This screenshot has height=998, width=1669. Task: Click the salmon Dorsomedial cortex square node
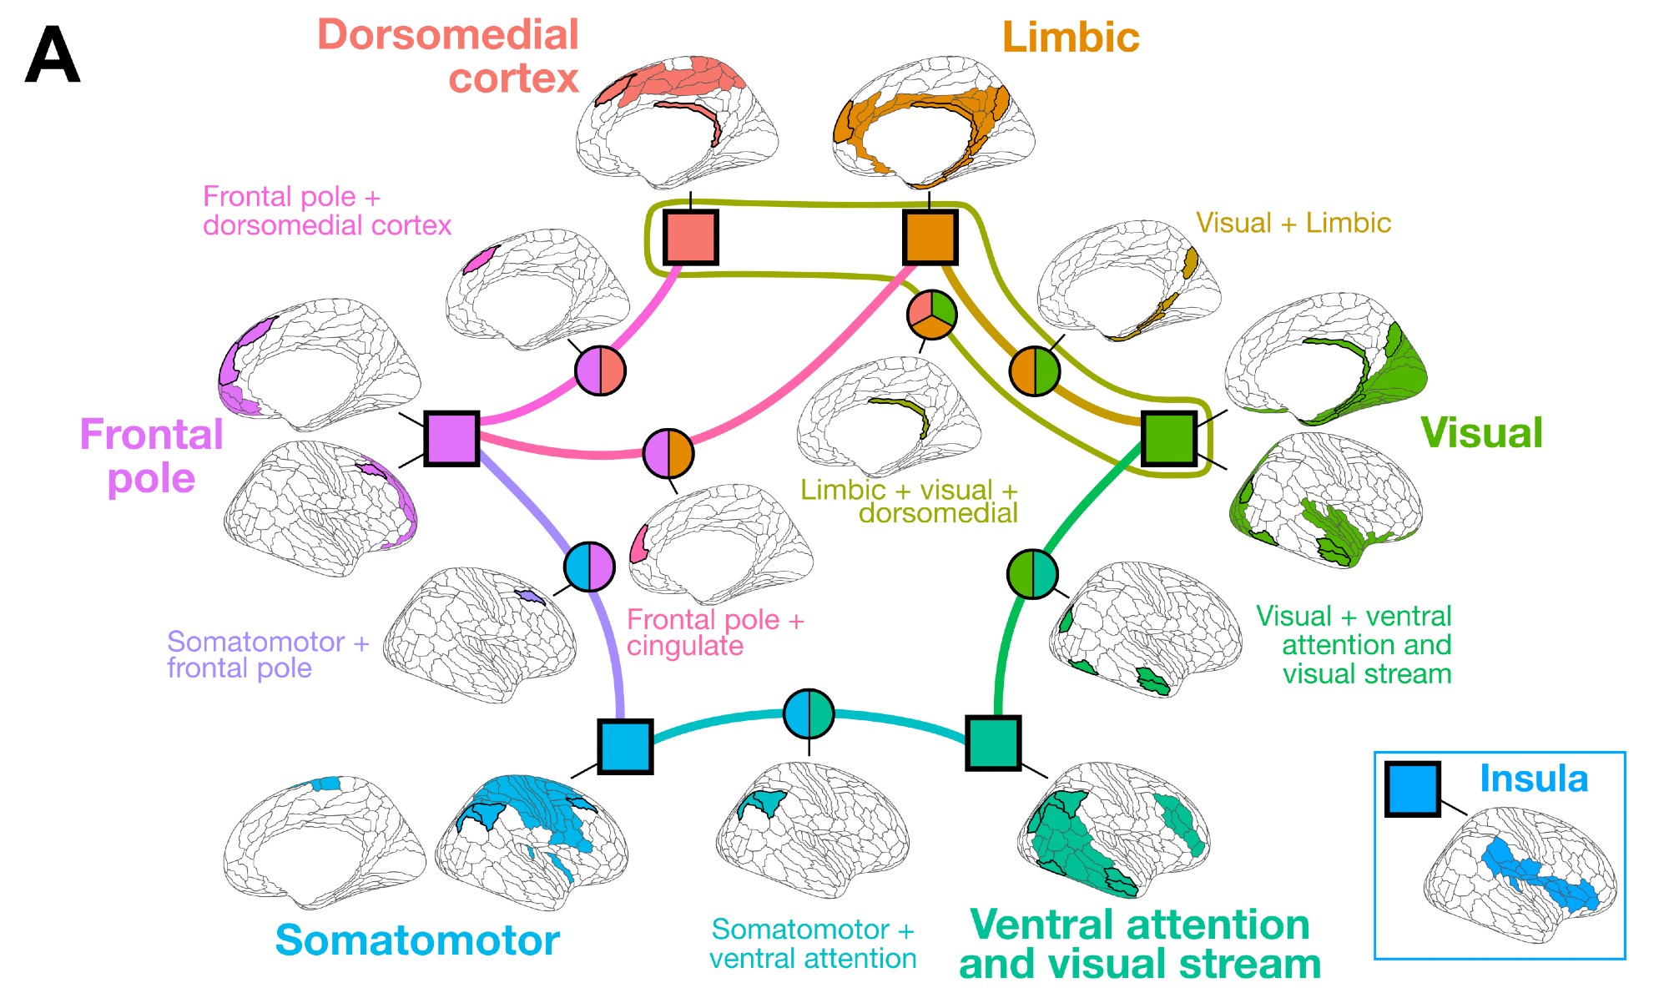tap(690, 238)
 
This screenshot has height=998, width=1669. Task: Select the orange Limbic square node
tap(930, 238)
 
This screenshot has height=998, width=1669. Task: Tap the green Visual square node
tap(1168, 438)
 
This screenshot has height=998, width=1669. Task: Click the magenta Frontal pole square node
tap(451, 438)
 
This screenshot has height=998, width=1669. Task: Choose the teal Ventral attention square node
tap(993, 743)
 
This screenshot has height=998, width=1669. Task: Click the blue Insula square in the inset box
tap(1412, 789)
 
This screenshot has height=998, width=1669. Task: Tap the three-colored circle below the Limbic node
tap(932, 315)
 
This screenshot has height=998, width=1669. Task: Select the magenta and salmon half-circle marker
tap(600, 370)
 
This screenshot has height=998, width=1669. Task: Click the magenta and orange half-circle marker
tap(668, 454)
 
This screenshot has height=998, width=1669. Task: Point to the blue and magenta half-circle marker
tap(589, 567)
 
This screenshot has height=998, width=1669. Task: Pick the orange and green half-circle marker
tap(1035, 370)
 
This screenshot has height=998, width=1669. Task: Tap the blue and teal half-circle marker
tap(809, 714)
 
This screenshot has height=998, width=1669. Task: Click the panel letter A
tap(53, 55)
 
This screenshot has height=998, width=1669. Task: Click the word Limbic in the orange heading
tap(1071, 38)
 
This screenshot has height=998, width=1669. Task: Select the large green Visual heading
tap(1481, 433)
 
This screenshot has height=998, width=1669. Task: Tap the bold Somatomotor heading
tap(416, 940)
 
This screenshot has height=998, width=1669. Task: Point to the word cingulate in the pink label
tap(685, 647)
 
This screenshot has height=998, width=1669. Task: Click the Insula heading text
tap(1533, 779)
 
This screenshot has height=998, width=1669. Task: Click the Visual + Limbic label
tap(1293, 224)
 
